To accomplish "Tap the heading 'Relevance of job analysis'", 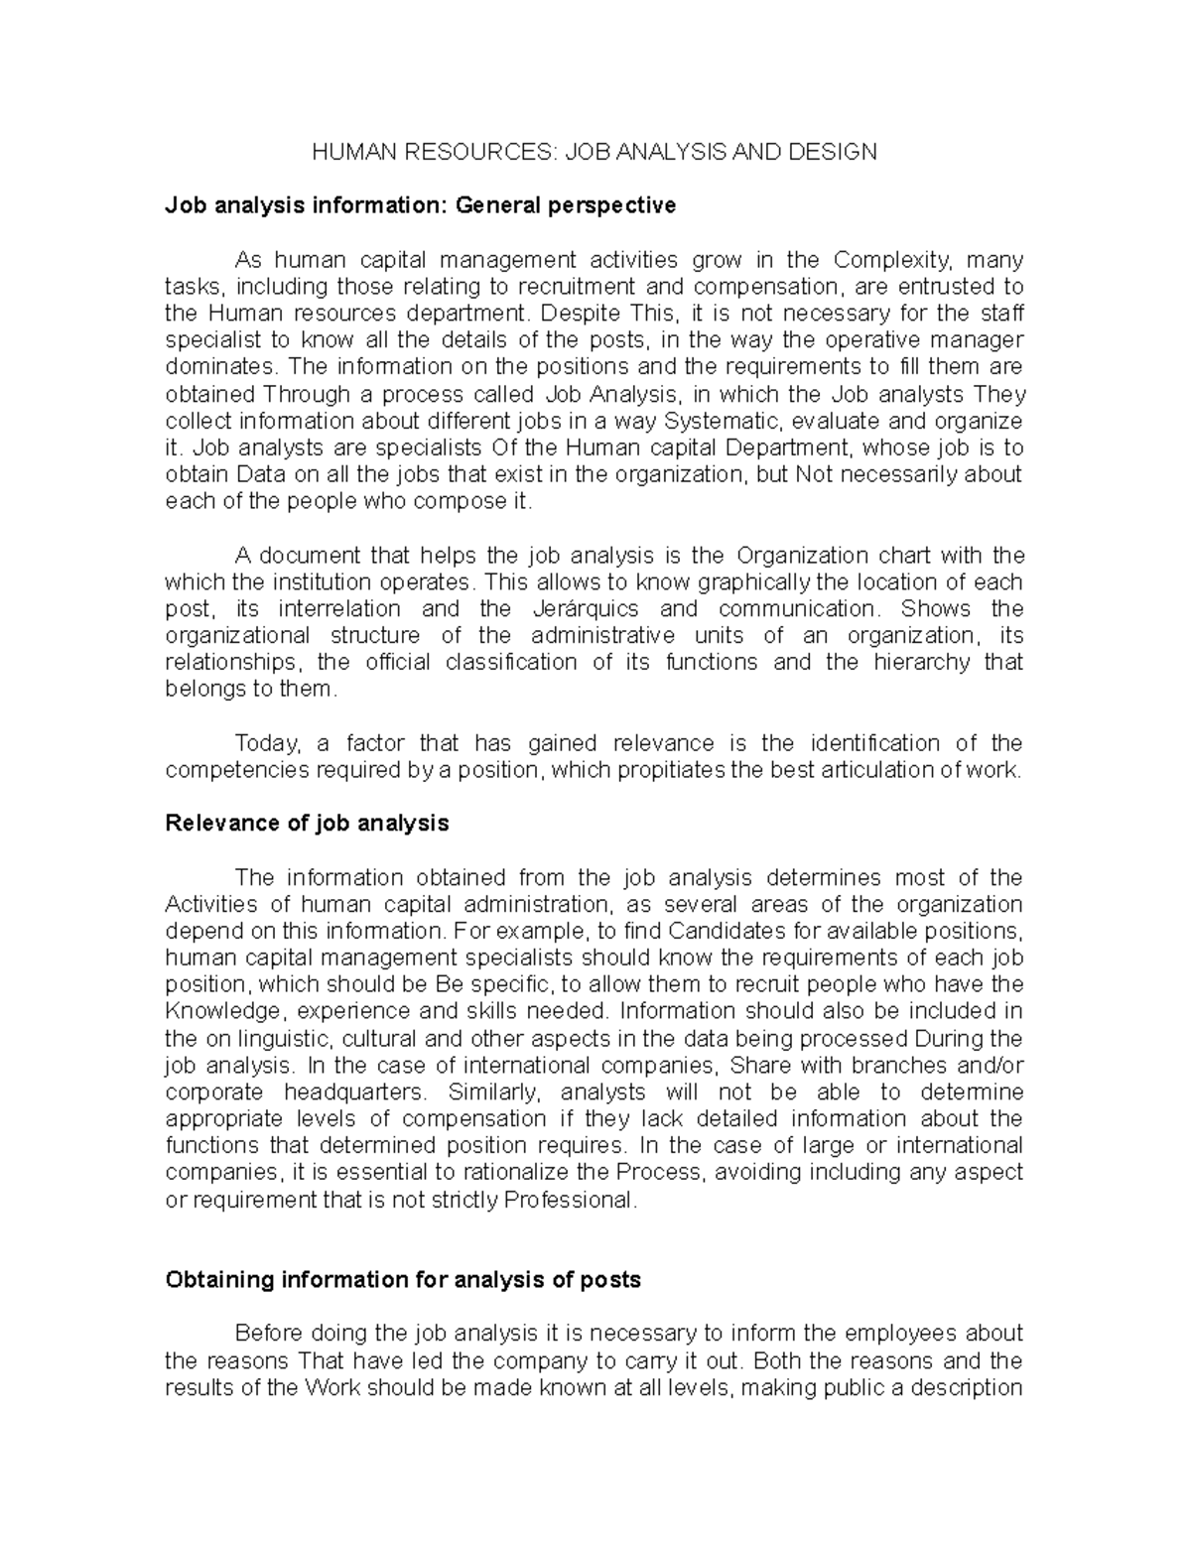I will click(x=307, y=824).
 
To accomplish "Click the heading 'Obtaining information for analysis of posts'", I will click(x=402, y=1280).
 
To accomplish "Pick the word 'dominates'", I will click(x=212, y=367).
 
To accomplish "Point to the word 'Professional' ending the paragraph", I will click(x=568, y=1200).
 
